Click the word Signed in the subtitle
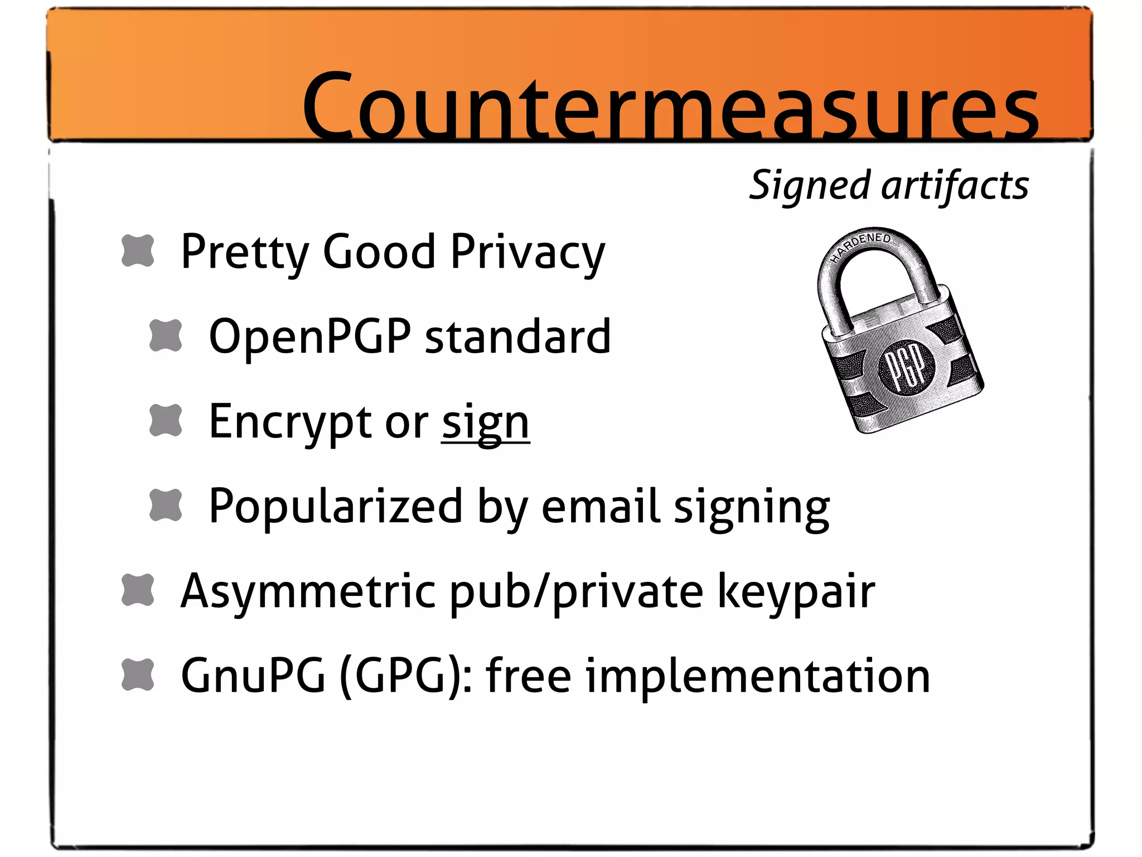coord(809,186)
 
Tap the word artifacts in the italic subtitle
coord(955,186)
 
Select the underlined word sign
coord(485,423)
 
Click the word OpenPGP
coord(309,337)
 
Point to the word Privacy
coord(528,253)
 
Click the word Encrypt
coord(291,423)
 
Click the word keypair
coord(796,591)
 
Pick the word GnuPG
coord(253,676)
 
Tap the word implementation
coord(758,676)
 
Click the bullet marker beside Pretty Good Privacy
coord(138,251)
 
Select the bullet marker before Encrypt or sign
coord(166,420)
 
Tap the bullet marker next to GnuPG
coord(138,675)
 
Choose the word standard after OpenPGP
coord(518,337)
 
